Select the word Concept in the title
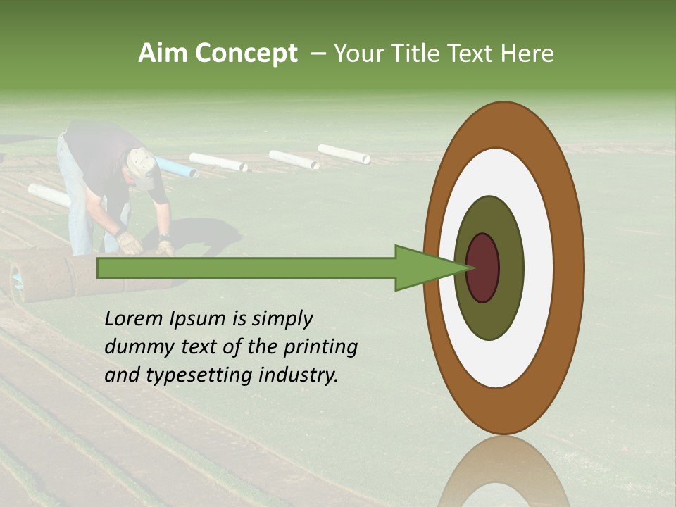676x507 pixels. pos(245,54)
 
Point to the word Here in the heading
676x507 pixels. pos(527,54)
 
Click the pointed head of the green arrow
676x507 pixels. pos(430,268)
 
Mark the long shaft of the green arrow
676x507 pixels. pos(246,268)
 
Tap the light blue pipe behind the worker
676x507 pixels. pos(176,168)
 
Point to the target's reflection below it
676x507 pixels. pos(503,475)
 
